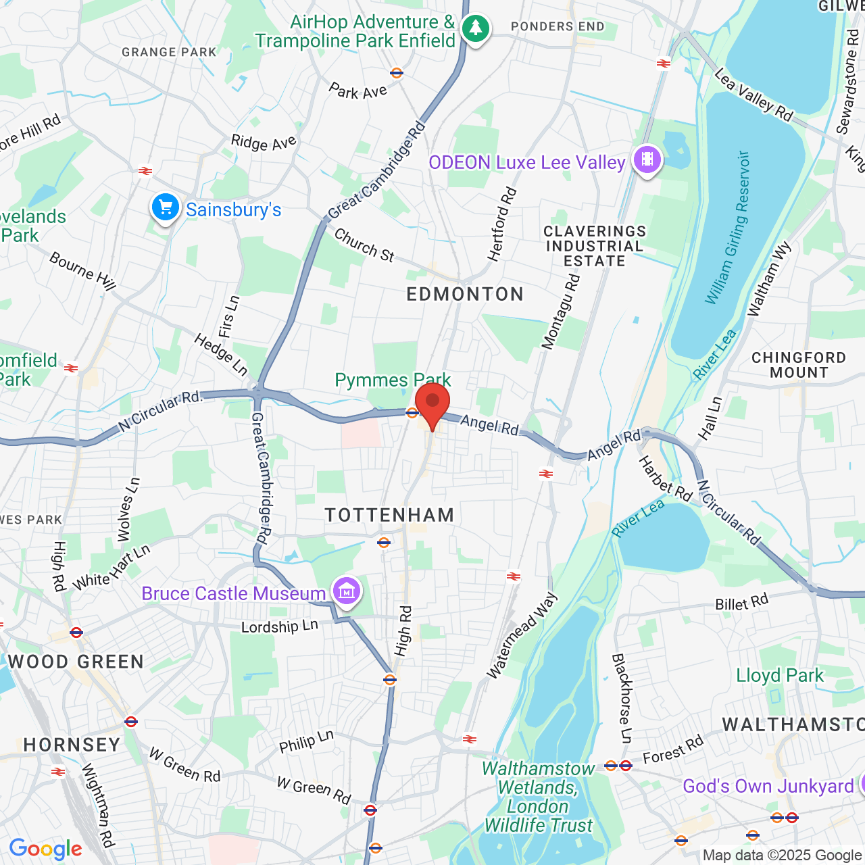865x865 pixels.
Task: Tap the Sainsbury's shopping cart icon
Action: tap(166, 207)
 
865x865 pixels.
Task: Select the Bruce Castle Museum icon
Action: tap(347, 592)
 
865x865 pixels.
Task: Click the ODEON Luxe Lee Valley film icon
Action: tap(647, 160)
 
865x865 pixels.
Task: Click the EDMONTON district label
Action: tap(465, 294)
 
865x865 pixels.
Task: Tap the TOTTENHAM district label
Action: tap(389, 515)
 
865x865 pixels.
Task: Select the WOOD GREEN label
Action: tap(76, 662)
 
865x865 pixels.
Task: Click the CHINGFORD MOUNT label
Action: tap(798, 365)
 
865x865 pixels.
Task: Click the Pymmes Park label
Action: tap(393, 380)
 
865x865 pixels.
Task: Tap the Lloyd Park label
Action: tap(780, 675)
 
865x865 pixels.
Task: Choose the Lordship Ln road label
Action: tap(279, 626)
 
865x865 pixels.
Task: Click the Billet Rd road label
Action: tap(741, 602)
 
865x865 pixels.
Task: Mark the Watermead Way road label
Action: tap(522, 636)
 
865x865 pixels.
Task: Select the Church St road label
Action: tap(364, 245)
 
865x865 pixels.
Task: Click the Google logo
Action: tap(46, 849)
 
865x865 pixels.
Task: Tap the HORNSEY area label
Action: tap(72, 745)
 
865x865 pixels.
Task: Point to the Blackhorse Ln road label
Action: tap(621, 698)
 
